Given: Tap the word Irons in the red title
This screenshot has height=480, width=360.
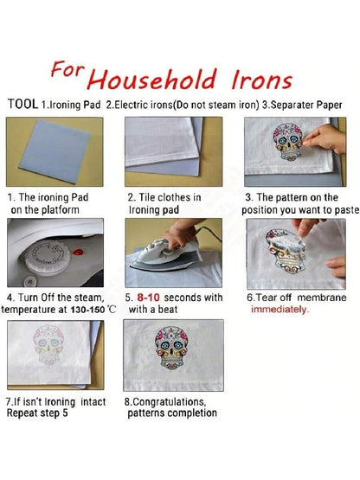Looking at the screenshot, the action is click(x=261, y=80).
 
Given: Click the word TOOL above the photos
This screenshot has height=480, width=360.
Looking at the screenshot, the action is click(x=23, y=104).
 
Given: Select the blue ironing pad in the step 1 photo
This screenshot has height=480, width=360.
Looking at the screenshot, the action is click(x=55, y=150).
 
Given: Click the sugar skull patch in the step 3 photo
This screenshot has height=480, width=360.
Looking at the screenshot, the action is click(x=288, y=142).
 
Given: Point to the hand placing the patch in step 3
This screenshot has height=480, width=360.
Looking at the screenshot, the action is click(x=325, y=138).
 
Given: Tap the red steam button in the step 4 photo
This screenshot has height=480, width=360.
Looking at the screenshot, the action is click(x=78, y=252).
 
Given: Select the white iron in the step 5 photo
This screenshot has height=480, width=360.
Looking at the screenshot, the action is click(x=157, y=253).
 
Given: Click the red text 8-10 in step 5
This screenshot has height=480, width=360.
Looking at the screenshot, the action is click(x=148, y=298).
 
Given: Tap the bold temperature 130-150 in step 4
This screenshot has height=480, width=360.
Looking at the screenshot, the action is click(x=87, y=310).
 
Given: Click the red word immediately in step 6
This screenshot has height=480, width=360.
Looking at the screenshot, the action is click(x=280, y=310).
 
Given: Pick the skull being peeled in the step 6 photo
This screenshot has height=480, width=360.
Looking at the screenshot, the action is click(x=286, y=251).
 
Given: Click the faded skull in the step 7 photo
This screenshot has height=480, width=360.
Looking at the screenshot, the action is click(x=48, y=345).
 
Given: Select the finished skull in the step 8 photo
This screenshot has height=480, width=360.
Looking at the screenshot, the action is click(x=172, y=348).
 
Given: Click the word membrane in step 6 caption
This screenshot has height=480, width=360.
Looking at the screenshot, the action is click(x=322, y=298).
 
